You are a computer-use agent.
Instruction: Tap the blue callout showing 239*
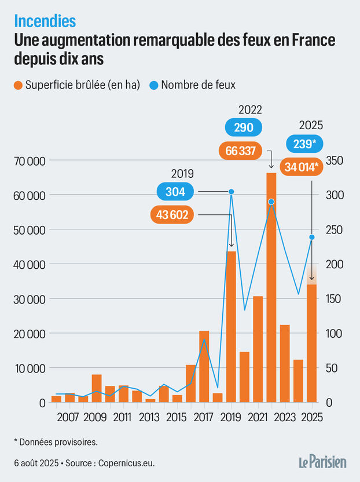pos(305,144)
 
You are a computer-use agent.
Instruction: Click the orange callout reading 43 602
pos(172,214)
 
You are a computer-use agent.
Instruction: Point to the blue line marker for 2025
pos(311,237)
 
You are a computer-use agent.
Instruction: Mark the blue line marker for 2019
pos(231,192)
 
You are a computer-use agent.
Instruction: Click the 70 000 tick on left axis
pos(28,161)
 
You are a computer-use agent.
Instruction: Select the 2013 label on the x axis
pos(150,417)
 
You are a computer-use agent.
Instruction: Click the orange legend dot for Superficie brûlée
pos(19,85)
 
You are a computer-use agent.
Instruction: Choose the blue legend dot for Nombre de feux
pos(154,85)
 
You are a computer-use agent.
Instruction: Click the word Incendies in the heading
pos(45,21)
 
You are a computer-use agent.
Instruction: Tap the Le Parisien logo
pos(322,462)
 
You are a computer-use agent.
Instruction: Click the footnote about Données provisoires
pos(56,442)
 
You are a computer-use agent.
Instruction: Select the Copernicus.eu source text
pos(126,463)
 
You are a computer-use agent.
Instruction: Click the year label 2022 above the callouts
pos(250,110)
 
